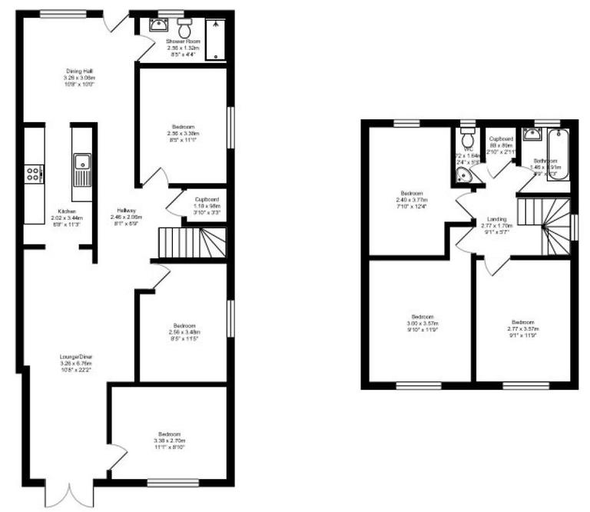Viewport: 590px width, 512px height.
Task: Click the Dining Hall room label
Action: [x=79, y=78]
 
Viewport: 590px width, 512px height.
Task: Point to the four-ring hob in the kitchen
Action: [x=34, y=174]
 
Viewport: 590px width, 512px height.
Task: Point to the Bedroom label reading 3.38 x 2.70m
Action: [x=169, y=439]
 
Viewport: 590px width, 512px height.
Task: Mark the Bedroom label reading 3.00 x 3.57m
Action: [x=422, y=323]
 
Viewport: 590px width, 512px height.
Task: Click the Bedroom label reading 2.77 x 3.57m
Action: [x=522, y=327]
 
